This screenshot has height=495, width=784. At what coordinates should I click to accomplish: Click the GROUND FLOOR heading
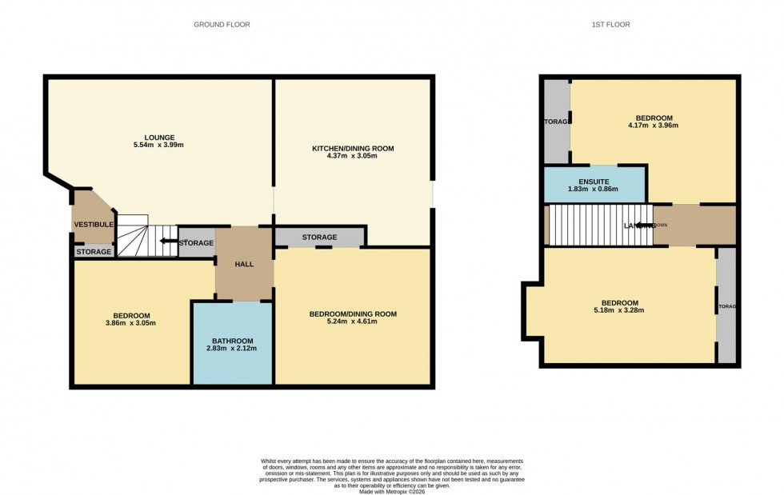pos(222,25)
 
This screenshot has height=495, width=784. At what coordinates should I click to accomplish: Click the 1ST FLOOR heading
pos(610,25)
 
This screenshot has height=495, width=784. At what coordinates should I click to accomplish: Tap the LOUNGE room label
pos(160,138)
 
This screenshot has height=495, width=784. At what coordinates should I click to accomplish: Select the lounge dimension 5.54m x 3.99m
pos(160,146)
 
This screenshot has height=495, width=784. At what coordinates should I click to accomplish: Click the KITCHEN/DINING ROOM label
pos(353,149)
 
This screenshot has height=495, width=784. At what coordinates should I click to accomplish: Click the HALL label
pos(244,264)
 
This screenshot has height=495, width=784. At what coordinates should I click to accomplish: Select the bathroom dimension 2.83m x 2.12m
pos(232,349)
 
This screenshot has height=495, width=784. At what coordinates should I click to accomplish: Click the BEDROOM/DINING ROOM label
pos(353,314)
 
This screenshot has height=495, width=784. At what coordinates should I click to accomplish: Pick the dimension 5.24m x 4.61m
pos(353,323)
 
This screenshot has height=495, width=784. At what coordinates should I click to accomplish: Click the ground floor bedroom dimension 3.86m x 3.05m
pos(130,324)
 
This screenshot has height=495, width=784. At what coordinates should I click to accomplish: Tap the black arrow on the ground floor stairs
pos(168,241)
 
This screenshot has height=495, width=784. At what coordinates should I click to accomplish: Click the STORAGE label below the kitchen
pos(319,238)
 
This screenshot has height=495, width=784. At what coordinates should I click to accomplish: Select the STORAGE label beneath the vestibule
pos(94,253)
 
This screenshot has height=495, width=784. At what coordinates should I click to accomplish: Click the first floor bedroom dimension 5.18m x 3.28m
pos(619,310)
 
